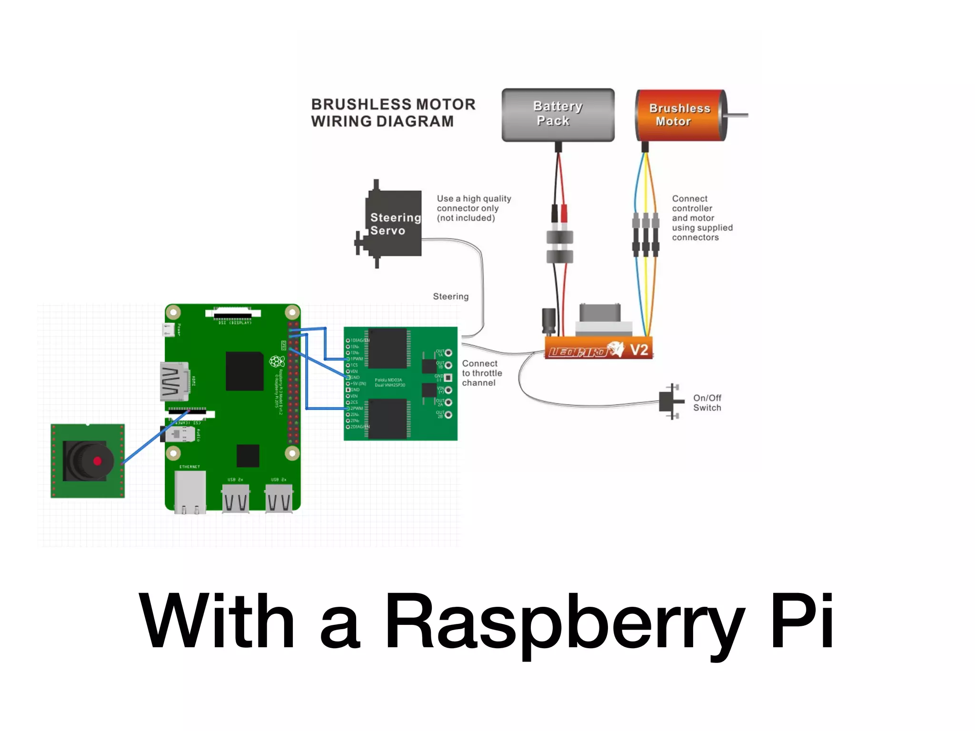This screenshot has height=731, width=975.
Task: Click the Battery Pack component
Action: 558,115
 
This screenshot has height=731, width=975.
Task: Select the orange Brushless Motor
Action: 680,115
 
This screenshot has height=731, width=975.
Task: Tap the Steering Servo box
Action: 393,223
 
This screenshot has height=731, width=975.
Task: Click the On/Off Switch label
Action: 707,403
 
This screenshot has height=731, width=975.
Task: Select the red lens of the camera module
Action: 98,461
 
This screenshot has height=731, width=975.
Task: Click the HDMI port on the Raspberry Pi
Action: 174,381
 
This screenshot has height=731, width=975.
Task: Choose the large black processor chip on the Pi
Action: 245,371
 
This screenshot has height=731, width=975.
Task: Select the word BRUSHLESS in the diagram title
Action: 354,104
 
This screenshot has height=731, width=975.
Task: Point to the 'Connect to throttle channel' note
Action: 481,373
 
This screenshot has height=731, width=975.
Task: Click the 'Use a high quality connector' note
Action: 473,208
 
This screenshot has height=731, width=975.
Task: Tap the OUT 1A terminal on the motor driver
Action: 448,353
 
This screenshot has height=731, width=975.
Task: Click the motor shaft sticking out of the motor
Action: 737,115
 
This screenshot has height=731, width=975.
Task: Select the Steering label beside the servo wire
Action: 450,296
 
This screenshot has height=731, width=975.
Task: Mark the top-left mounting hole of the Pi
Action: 173,313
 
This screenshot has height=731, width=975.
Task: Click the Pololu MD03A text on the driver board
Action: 388,380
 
